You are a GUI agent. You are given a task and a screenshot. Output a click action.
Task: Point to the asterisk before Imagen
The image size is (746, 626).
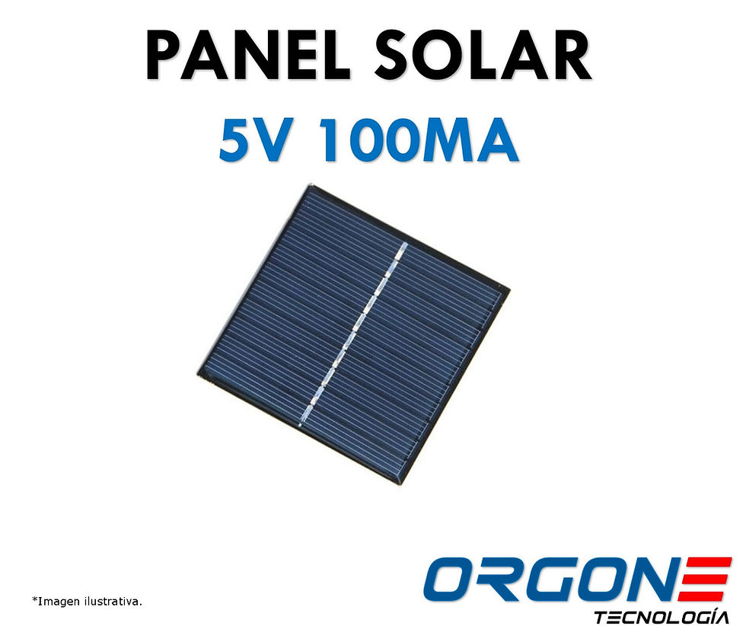pyautogui.click(x=34, y=599)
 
